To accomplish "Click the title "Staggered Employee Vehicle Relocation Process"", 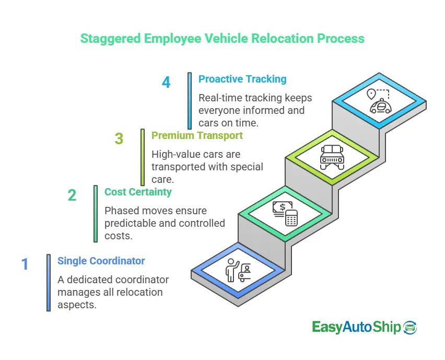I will pos(222,39).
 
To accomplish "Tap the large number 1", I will pos(25,264).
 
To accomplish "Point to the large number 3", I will pos(119,139).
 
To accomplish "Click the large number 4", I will pos(166,83).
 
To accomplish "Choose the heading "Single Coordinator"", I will pos(101,261).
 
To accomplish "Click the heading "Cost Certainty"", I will pos(138,192).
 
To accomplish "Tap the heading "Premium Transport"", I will pos(197,135).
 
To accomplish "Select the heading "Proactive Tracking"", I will pos(242,79).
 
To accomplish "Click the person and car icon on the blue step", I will pos(238,270).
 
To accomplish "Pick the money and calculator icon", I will pos(285,213).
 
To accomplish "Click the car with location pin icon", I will pos(379,101).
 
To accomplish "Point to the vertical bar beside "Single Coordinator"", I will pos(49,283).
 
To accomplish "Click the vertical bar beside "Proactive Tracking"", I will pos(190,100).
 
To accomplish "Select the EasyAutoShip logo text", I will pos(356,327).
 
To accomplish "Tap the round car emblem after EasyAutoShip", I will pos(411,327).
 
